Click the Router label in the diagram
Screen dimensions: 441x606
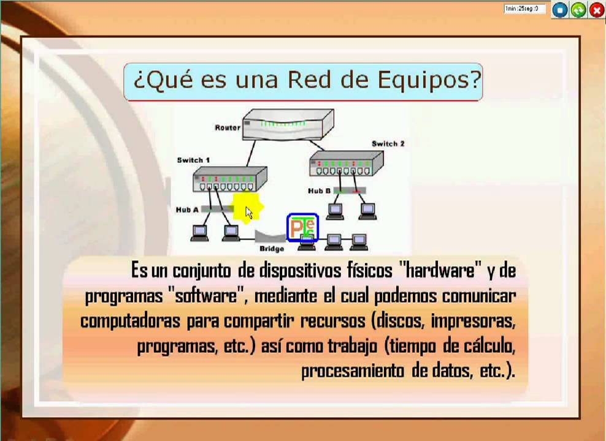pyautogui.click(x=227, y=127)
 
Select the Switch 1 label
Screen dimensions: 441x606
pyautogui.click(x=193, y=160)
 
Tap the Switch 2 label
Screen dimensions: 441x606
pyautogui.click(x=388, y=144)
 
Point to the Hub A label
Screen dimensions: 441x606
pyautogui.click(x=187, y=209)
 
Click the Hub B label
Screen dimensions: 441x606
pyautogui.click(x=319, y=191)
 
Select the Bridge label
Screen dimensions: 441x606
pyautogui.click(x=271, y=249)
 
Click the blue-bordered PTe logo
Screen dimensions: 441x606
pyautogui.click(x=303, y=228)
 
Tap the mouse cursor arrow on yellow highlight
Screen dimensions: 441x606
pyautogui.click(x=248, y=212)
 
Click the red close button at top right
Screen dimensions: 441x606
pyautogui.click(x=597, y=10)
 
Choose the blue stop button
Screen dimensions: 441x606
pyautogui.click(x=559, y=10)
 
